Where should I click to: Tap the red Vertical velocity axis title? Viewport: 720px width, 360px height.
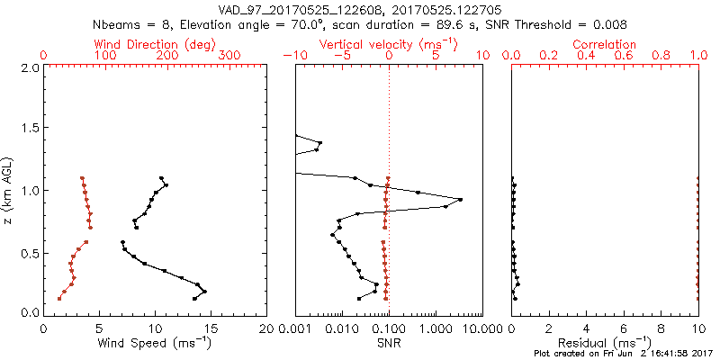pos(389,44)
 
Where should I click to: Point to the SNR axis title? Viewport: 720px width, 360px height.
pos(389,342)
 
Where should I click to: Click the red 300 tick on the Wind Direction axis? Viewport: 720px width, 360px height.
pos(229,56)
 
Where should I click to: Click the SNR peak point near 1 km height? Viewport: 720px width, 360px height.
pos(461,199)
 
